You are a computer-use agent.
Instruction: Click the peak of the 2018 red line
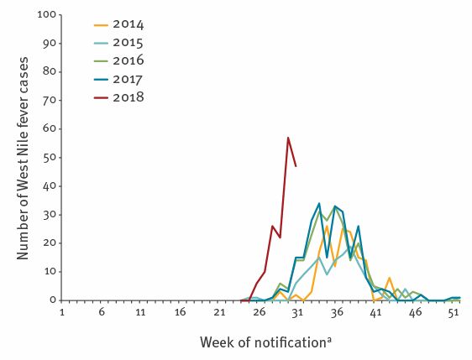288,138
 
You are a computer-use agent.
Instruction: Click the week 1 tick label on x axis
62,312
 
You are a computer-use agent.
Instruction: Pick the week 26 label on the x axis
258,312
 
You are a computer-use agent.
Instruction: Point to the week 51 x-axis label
454,312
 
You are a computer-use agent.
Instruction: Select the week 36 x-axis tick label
337,312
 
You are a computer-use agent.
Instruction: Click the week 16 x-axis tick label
180,312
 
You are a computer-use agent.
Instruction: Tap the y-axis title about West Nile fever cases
24,157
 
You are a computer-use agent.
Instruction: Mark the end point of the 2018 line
296,166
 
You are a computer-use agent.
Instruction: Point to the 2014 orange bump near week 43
389,278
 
